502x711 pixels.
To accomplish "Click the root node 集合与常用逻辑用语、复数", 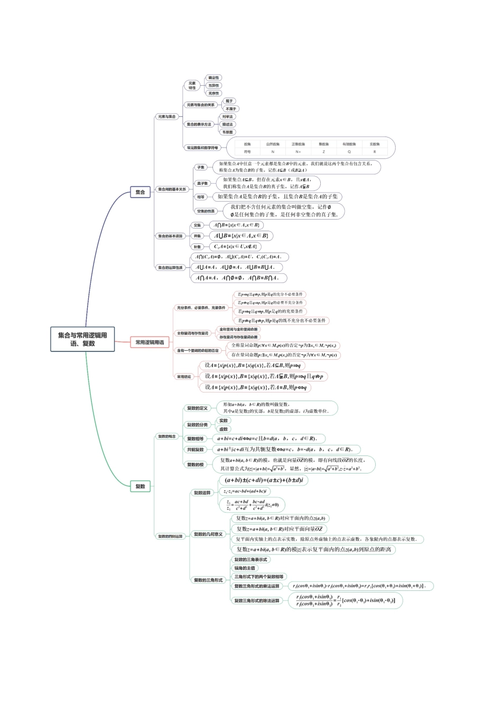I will (x=82, y=339).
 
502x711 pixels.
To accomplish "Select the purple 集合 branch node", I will (x=140, y=192).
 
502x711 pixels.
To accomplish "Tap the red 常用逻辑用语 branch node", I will (x=150, y=342).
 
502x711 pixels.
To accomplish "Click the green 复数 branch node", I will (x=140, y=486).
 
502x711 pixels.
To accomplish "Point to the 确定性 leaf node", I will (x=213, y=78).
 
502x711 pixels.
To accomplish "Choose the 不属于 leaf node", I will (x=231, y=109).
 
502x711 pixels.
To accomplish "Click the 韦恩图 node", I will (x=227, y=132).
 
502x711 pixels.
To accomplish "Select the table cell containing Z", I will (x=323, y=152).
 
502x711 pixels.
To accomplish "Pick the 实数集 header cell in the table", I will (x=375, y=144).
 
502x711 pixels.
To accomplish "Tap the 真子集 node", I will (x=202, y=184).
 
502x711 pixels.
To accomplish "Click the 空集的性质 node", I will (x=206, y=211).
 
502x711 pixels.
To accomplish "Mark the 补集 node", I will (x=198, y=247).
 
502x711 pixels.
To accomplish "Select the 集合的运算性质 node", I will (x=170, y=268).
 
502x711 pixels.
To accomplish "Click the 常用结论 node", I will (x=184, y=377).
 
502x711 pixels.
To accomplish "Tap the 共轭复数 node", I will (x=195, y=450).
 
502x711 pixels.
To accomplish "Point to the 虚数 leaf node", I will (x=224, y=429).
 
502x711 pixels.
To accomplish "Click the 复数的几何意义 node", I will (x=208, y=534).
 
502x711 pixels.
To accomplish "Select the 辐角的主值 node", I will (x=245, y=568).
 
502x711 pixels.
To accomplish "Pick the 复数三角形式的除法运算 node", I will (x=257, y=600).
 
